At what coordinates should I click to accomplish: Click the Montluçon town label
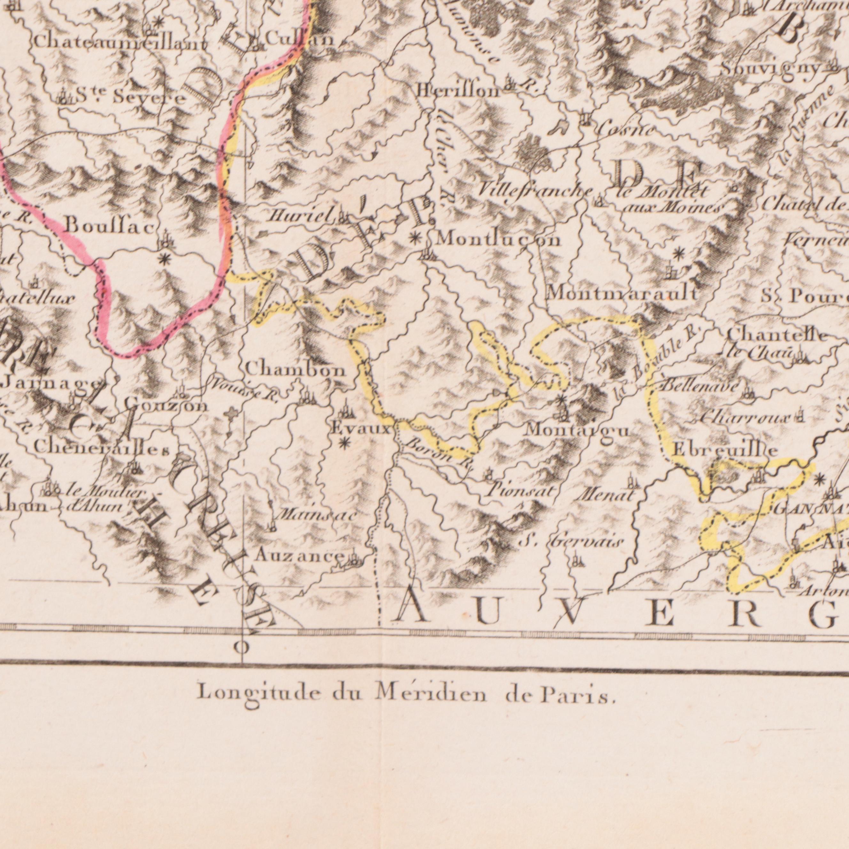coord(499,240)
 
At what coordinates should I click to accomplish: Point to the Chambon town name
coord(296,370)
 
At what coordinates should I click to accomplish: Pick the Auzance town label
coord(299,556)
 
